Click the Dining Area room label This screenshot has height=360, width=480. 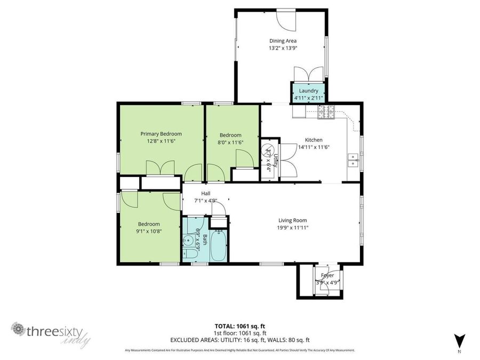[283, 41]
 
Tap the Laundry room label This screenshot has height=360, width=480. [308, 91]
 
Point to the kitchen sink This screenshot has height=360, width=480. [353, 160]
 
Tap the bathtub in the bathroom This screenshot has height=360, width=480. [218, 245]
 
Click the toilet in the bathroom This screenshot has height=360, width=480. [189, 255]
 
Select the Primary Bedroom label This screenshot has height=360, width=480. [161, 134]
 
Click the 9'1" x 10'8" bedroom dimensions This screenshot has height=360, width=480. [149, 231]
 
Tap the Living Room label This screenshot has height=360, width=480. [292, 220]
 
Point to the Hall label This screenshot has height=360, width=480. [205, 193]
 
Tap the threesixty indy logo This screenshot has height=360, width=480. [51, 333]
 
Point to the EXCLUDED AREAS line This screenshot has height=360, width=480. [239, 340]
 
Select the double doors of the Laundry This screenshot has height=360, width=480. [308, 74]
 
